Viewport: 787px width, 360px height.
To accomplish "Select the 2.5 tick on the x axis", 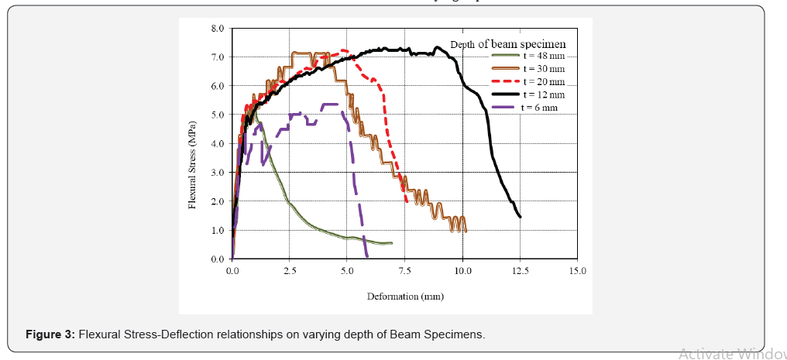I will tap(290, 272).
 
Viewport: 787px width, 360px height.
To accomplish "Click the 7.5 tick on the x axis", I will tap(405, 272).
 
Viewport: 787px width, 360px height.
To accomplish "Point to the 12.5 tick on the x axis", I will tap(521, 272).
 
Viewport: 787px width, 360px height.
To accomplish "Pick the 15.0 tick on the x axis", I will tap(578, 272).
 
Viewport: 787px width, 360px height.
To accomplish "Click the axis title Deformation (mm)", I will tap(405, 296).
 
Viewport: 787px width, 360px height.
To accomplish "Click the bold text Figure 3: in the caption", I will tap(51, 335).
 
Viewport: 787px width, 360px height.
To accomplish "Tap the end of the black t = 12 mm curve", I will tap(520, 217).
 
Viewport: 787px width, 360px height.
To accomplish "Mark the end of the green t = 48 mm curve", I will tap(391, 243).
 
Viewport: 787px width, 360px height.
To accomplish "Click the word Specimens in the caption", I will tap(460, 335).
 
